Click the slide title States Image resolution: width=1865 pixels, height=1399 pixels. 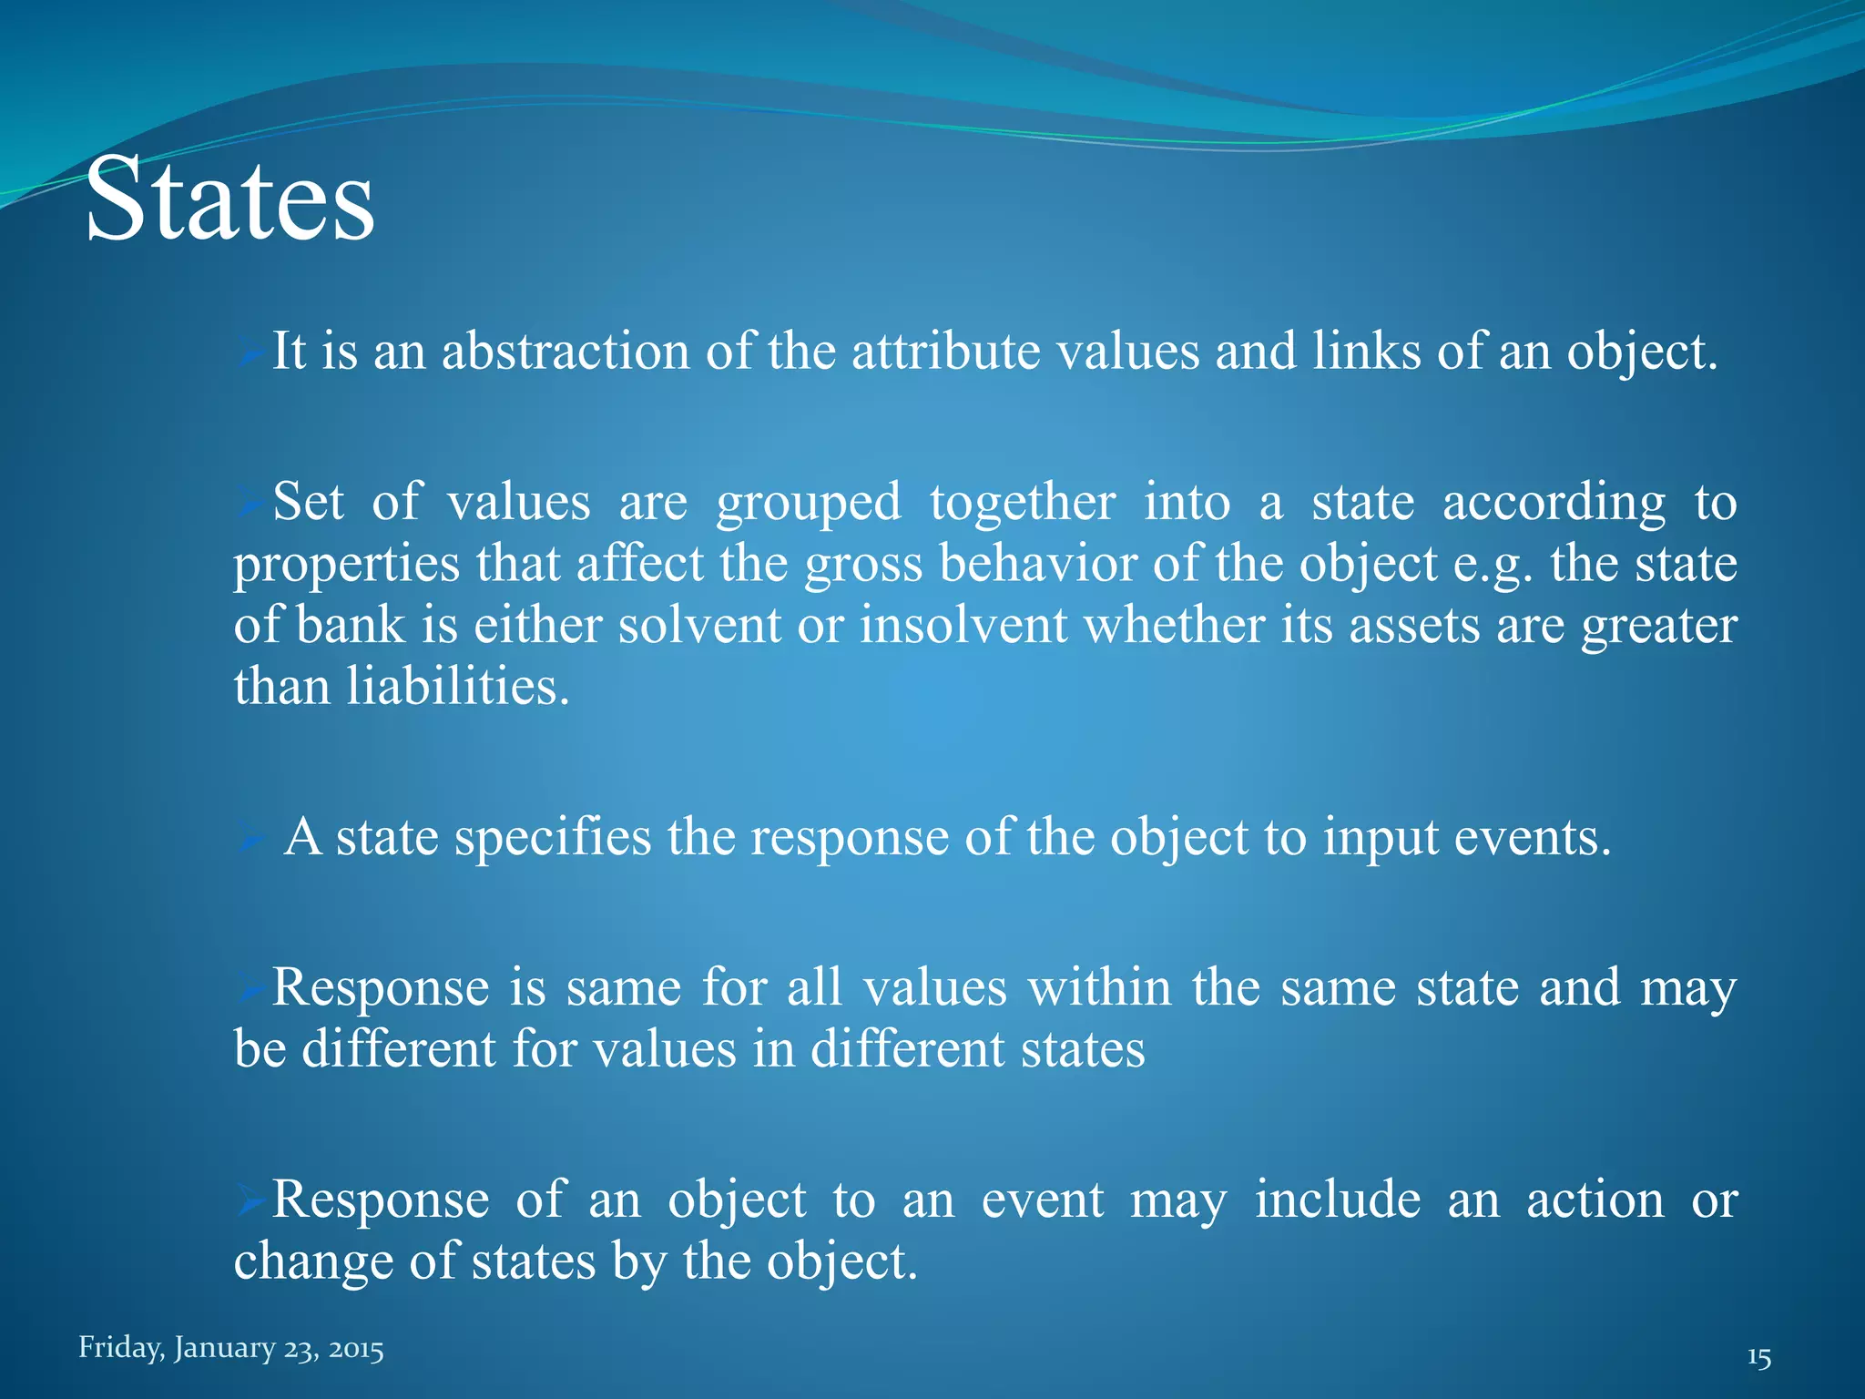(229, 199)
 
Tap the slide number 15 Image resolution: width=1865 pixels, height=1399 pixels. (1758, 1358)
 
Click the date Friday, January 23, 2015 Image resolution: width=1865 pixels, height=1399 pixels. (230, 1347)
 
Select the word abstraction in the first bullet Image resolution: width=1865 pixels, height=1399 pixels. (566, 352)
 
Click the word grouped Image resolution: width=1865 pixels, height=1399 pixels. (808, 504)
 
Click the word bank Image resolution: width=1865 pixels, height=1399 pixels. (351, 626)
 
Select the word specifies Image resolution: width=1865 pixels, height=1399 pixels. (553, 837)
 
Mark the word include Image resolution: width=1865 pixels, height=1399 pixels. (1338, 1200)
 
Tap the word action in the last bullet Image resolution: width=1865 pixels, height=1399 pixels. (1595, 1200)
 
